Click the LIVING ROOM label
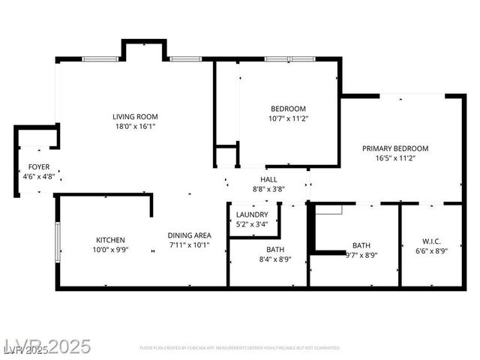point(135,116)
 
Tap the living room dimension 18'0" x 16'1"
point(135,127)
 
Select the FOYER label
point(38,166)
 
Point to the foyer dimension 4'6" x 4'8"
point(38,176)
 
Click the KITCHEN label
point(109,240)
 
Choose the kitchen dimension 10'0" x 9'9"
point(109,250)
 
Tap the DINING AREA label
point(188,235)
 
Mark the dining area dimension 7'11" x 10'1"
point(188,244)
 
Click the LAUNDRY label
point(252,214)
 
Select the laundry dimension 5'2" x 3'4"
point(252,223)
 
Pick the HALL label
point(268,179)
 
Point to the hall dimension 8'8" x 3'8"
point(268,189)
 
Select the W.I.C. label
point(431,241)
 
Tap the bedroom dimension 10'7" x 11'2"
point(288,118)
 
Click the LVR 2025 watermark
point(46,346)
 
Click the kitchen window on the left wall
point(58,240)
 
